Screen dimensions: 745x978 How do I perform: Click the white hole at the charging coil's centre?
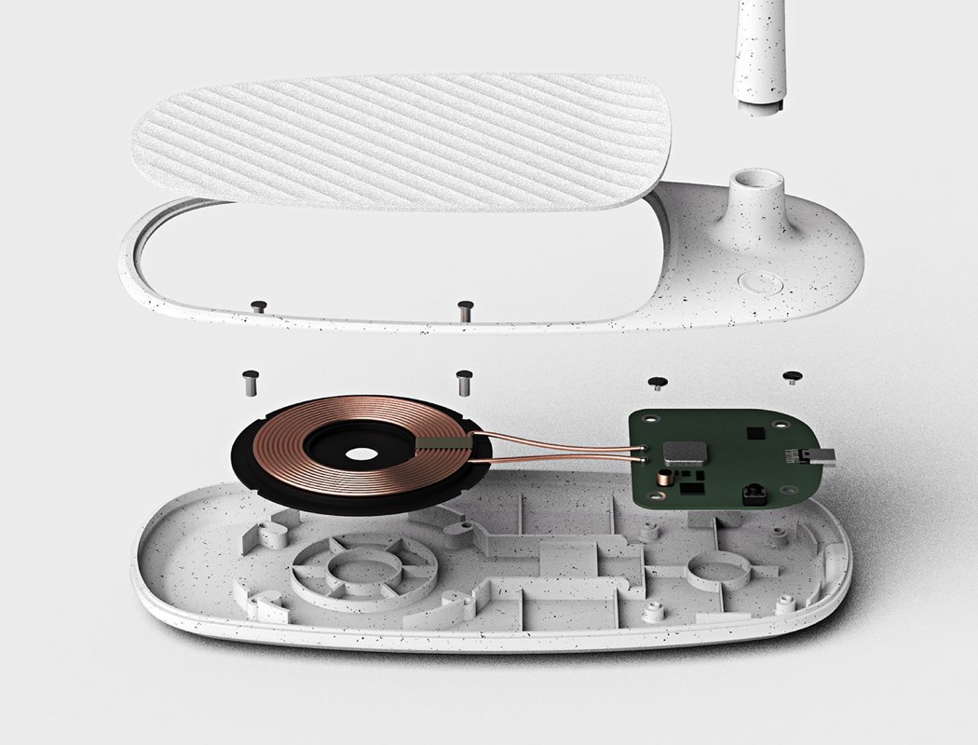click(x=361, y=454)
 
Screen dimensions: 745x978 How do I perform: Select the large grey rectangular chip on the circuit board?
click(x=685, y=455)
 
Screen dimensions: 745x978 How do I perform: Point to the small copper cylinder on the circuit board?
click(x=665, y=479)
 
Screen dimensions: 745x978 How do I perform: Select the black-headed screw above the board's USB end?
click(x=793, y=377)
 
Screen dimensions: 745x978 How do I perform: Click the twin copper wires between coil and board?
click(x=559, y=446)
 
